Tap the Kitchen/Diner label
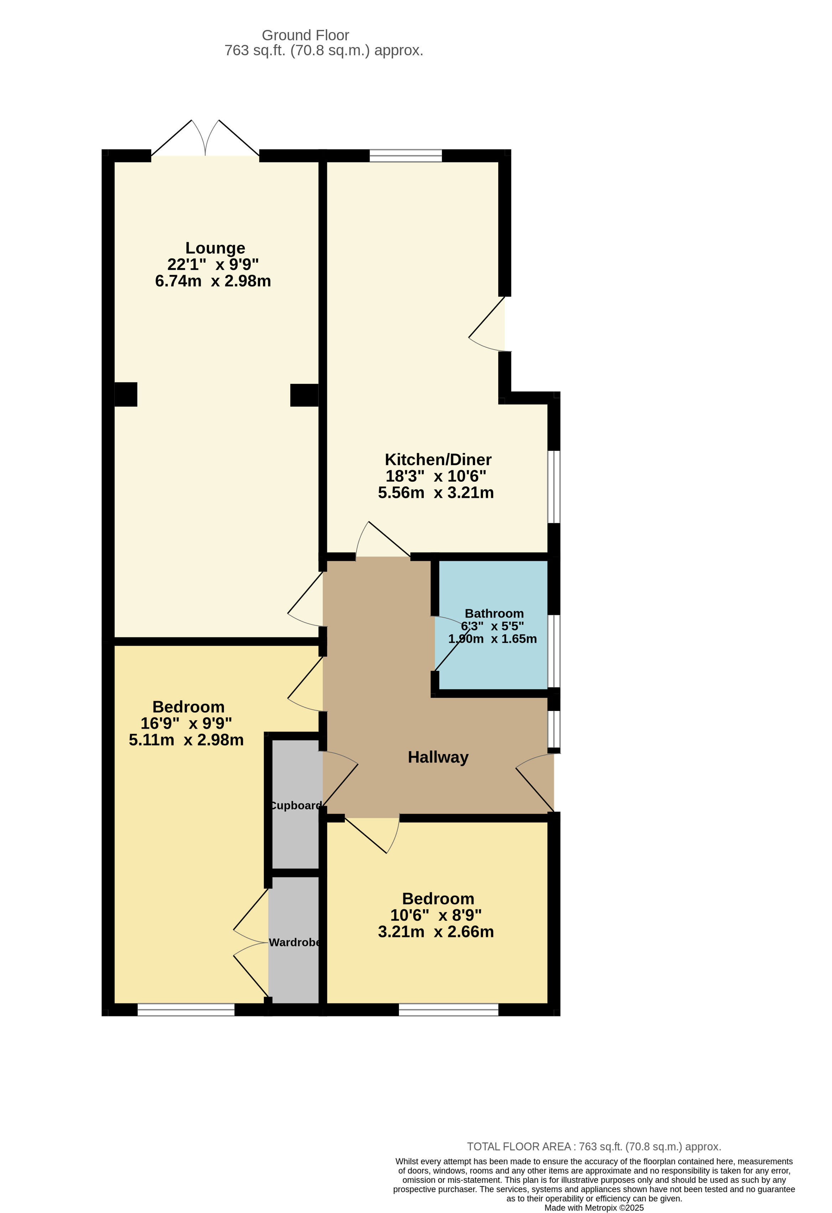(438, 459)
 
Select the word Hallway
(438, 757)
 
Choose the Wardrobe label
(295, 942)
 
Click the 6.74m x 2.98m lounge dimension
(213, 281)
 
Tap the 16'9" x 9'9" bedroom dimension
(186, 723)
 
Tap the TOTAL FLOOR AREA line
(594, 1147)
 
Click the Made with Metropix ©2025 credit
(594, 1208)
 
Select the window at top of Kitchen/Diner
(405, 155)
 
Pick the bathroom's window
(554, 651)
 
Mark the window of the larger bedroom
(186, 1010)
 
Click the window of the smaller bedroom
(448, 1010)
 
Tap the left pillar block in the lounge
(126, 394)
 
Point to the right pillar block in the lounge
(304, 395)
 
